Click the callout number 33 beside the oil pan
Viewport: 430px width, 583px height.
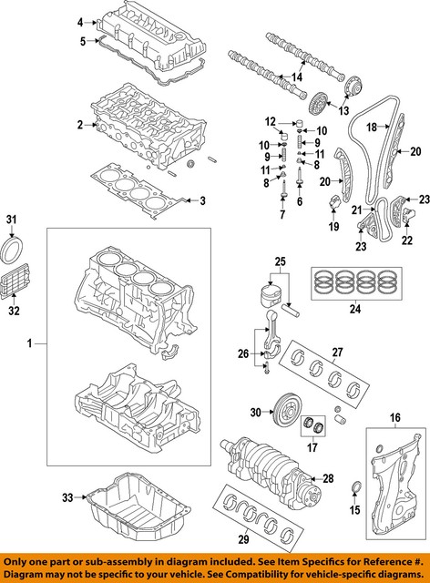click(x=67, y=496)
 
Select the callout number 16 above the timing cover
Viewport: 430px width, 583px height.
click(x=394, y=418)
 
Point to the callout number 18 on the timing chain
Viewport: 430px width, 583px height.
click(x=371, y=128)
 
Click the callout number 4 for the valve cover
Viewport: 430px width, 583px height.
click(x=80, y=21)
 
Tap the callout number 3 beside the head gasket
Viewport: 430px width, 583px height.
click(x=202, y=200)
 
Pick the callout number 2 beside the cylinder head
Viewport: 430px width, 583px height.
click(x=80, y=124)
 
